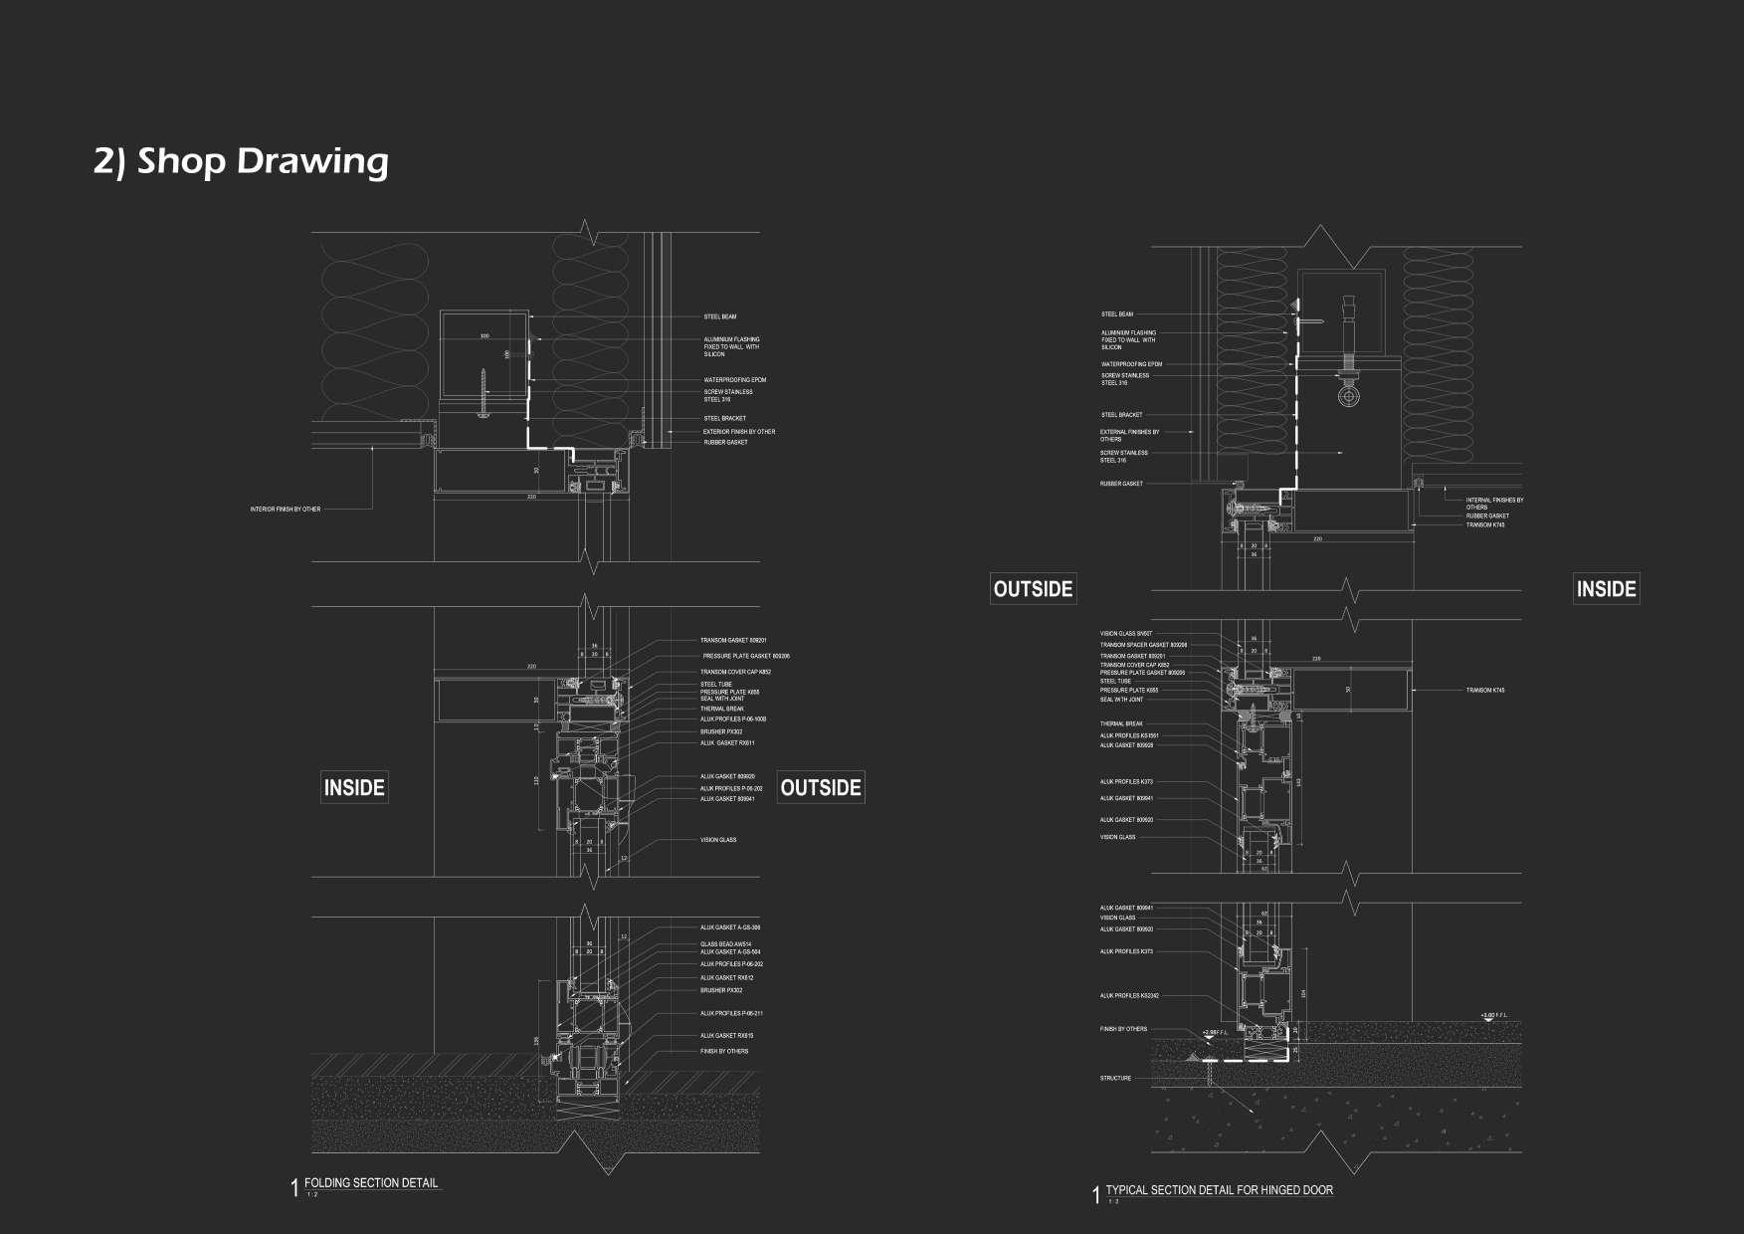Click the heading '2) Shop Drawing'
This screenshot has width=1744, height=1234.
click(x=241, y=161)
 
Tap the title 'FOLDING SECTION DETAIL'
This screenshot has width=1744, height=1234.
click(x=371, y=1183)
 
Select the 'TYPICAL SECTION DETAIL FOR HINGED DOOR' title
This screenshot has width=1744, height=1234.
click(x=1219, y=1190)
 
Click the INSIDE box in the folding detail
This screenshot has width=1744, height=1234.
click(x=354, y=788)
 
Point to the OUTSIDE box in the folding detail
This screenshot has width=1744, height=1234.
click(x=821, y=788)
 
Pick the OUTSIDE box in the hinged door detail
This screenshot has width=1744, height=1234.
click(x=1033, y=589)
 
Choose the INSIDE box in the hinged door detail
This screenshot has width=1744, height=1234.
click(x=1606, y=589)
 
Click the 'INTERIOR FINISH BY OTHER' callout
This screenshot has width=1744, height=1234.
click(x=286, y=510)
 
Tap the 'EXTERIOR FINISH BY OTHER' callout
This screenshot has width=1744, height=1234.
click(x=739, y=432)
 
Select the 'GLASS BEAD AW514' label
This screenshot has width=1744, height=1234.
click(x=726, y=944)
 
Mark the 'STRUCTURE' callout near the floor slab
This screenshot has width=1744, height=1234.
click(x=1115, y=1078)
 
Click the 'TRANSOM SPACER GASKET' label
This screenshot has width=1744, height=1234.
click(x=1143, y=645)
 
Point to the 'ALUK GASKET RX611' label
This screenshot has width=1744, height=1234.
click(x=727, y=743)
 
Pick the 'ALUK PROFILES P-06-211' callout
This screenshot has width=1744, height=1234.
click(x=731, y=1014)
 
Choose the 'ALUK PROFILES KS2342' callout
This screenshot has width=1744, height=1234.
click(x=1129, y=996)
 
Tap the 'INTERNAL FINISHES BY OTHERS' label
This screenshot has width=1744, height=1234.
click(x=1494, y=504)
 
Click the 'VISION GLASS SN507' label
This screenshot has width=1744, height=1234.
click(x=1125, y=634)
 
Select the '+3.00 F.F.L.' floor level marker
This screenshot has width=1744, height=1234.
click(x=1494, y=1016)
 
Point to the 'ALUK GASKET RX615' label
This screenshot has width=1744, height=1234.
click(x=726, y=1036)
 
